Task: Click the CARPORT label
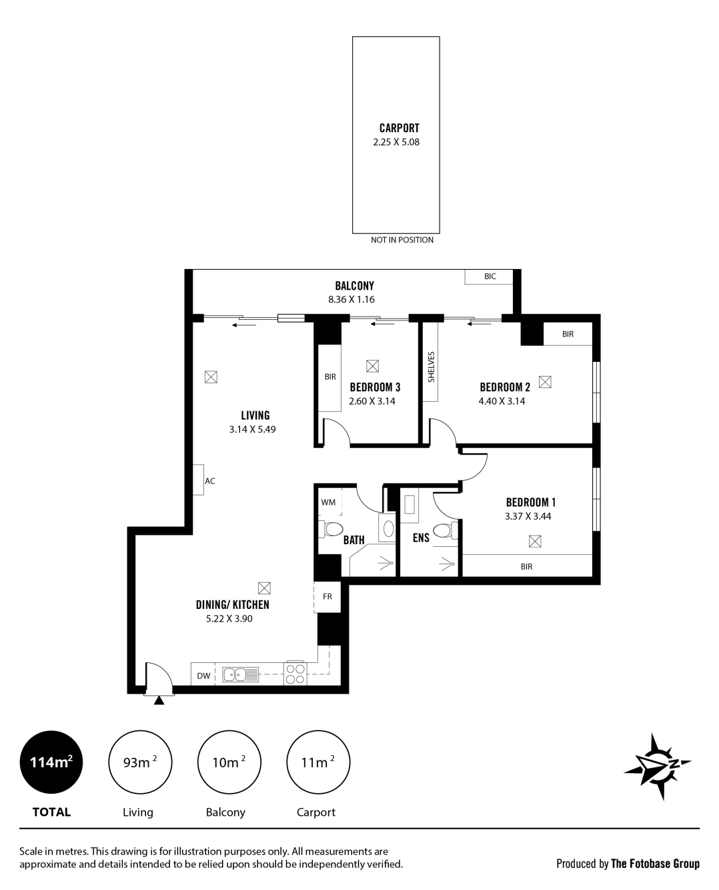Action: coord(399,128)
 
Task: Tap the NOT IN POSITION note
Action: coord(402,240)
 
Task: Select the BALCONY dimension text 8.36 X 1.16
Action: coord(351,299)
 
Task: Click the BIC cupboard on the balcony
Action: coord(489,276)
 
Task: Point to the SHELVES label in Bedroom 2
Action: coord(431,367)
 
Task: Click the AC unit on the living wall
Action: coord(198,479)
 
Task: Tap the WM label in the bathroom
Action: coord(328,502)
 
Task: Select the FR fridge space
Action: coord(327,597)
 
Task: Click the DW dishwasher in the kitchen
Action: coord(203,676)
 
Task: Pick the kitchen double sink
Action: coord(240,674)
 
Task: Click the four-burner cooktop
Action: coord(295,674)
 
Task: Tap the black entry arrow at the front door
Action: coord(159,700)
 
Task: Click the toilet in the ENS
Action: coord(446,531)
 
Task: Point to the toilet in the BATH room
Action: coord(331,529)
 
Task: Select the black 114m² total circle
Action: coord(51,762)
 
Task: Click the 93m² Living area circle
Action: coord(140,762)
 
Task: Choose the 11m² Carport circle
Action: coord(318,762)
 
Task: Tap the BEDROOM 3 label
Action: coord(375,387)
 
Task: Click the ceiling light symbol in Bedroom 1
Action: coord(535,541)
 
